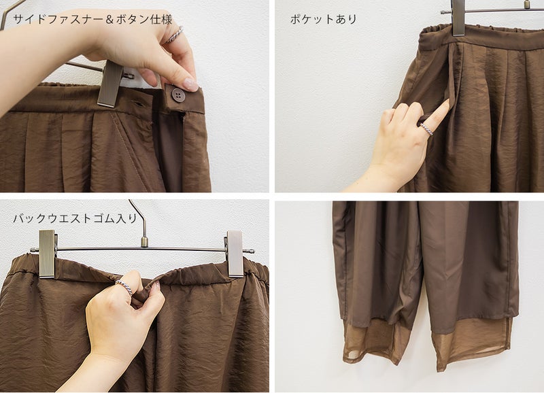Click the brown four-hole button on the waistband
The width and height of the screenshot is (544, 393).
coord(178,95)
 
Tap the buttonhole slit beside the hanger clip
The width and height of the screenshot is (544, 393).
coord(139,104)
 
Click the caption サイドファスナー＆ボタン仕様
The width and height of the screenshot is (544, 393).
coord(92,20)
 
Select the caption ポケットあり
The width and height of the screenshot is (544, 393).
coord(324,19)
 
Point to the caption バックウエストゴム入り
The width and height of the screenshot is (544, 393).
coord(75,218)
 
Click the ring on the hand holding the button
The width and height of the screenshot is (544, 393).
coord(175,35)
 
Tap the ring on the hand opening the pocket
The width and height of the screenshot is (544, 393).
coord(427,129)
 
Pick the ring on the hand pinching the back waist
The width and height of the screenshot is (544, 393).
coord(124,286)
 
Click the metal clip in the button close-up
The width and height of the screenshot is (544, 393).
coord(110,84)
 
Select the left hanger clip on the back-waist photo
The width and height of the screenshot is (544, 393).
coord(47,253)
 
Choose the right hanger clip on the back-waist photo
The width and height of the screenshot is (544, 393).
coord(235,253)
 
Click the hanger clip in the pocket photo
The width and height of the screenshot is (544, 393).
coord(458,18)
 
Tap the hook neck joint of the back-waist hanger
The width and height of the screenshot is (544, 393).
coord(144,241)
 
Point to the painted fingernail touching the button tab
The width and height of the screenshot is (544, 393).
coord(190,84)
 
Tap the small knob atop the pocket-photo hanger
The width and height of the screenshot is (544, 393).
coord(527,4)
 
